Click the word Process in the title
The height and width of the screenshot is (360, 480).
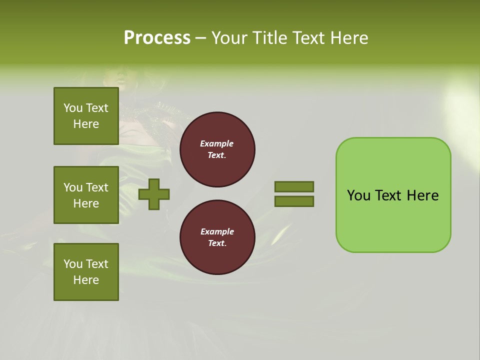click(157, 38)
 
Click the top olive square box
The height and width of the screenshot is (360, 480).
click(86, 116)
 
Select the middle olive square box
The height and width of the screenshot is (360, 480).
click(86, 195)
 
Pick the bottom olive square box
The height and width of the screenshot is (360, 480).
click(86, 272)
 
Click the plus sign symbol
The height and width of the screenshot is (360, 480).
click(154, 193)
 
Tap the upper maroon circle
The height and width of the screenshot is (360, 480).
click(217, 149)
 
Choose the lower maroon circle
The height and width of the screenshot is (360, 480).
click(217, 237)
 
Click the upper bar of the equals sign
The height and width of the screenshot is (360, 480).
click(294, 186)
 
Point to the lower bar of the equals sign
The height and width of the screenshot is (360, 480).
click(294, 201)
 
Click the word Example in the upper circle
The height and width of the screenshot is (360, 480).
click(216, 143)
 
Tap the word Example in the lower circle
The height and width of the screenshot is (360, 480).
click(217, 231)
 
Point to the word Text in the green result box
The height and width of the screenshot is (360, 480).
click(388, 195)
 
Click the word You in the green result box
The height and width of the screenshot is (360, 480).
click(358, 195)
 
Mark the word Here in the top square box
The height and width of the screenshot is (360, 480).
click(86, 124)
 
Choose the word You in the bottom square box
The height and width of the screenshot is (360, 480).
click(72, 264)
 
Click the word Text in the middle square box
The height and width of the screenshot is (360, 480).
click(97, 187)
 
